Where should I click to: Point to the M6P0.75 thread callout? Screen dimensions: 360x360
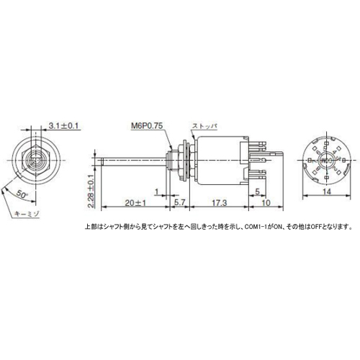pyautogui.click(x=147, y=125)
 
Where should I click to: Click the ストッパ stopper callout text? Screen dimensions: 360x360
pyautogui.click(x=203, y=125)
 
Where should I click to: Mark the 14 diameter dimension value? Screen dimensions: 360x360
pyautogui.click(x=326, y=192)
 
